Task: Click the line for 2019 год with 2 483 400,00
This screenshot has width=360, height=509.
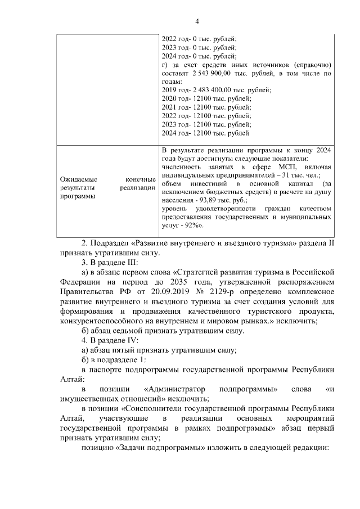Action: pos(216,90)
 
